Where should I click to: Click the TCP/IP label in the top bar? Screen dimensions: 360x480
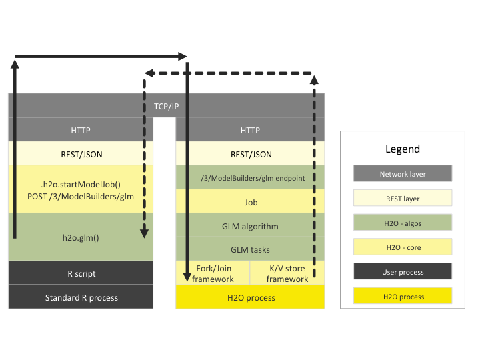coord(166,106)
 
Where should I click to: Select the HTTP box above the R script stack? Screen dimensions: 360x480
coord(81,130)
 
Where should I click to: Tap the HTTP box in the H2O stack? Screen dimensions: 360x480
coord(250,130)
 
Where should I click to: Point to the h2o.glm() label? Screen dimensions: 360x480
coord(80,237)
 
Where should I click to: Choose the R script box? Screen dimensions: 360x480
coord(81,273)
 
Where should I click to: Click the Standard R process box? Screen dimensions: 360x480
coord(81,297)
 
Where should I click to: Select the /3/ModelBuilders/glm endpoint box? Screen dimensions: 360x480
coord(250,178)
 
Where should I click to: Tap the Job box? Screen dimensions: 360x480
coord(250,202)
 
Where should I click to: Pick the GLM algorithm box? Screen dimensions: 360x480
coord(250,226)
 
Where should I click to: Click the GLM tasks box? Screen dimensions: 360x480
coord(250,249)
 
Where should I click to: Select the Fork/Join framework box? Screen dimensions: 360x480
coord(213,273)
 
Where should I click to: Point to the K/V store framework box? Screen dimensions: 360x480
coord(287,273)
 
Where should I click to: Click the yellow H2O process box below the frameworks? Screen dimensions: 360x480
coord(250,297)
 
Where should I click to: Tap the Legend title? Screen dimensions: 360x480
coord(403,149)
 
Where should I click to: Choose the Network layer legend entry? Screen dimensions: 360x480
coord(403,174)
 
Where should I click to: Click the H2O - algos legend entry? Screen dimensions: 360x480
coord(403,223)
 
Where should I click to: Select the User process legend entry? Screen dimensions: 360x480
coord(403,271)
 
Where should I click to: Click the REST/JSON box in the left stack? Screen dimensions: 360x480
coord(81,154)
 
